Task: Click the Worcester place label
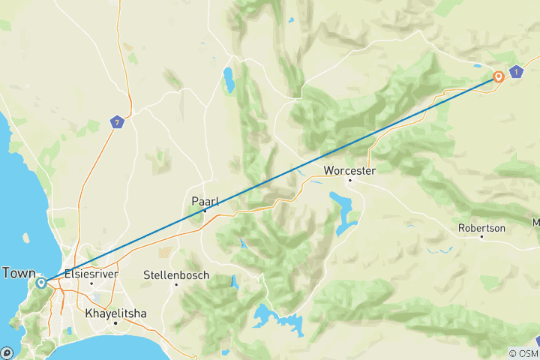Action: [349, 170]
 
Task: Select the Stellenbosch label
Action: [175, 275]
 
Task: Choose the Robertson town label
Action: [481, 227]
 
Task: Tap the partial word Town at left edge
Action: [19, 273]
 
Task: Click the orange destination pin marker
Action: [499, 76]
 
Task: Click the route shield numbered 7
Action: [115, 121]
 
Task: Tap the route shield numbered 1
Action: [516, 72]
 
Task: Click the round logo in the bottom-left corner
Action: [7, 352]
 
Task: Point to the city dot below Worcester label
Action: [349, 180]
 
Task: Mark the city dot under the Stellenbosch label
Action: [175, 284]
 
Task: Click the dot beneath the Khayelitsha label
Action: [115, 322]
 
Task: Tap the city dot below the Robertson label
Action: [481, 237]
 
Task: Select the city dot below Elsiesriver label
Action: [91, 283]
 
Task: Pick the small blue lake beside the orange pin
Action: [479, 65]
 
